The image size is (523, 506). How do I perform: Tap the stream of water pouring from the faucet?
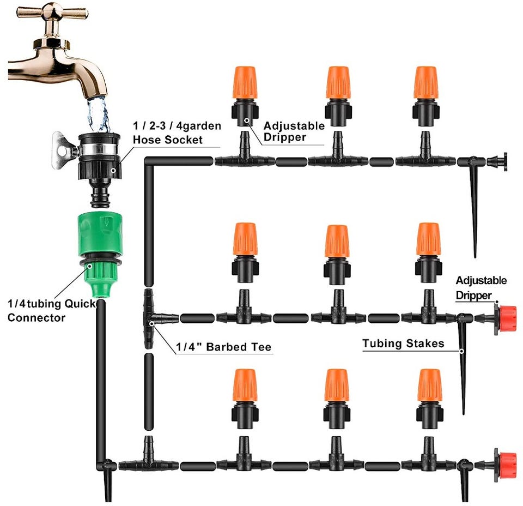tap(98, 115)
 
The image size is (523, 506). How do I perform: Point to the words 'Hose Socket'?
tap(168, 140)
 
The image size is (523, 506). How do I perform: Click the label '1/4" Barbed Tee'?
tap(223, 347)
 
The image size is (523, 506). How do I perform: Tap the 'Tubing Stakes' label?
tap(404, 344)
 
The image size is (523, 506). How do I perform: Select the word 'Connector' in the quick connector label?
tap(37, 317)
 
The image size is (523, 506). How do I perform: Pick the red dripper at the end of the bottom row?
tap(506, 465)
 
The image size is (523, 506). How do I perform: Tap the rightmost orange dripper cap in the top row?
tap(425, 82)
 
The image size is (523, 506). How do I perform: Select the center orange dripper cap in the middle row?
tap(337, 240)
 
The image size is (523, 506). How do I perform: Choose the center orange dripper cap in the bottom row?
tap(336, 385)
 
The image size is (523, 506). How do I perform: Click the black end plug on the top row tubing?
tap(497, 161)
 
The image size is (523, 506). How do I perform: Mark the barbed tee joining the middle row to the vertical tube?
tap(153, 318)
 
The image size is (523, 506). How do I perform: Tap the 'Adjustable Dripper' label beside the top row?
tap(294, 131)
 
